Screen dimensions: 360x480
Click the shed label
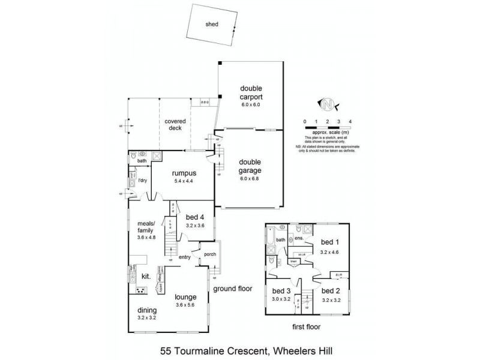(212, 25)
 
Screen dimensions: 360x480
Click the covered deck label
(175, 125)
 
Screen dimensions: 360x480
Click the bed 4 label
(196, 217)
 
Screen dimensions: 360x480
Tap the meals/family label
(146, 227)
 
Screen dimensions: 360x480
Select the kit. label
(146, 276)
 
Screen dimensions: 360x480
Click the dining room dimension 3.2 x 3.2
(146, 317)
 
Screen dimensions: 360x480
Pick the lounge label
(185, 296)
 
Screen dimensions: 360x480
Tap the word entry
(184, 257)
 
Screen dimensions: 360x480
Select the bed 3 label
(281, 290)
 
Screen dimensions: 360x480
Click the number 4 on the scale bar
(350, 121)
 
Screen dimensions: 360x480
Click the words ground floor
(233, 289)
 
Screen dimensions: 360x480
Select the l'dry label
(143, 180)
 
